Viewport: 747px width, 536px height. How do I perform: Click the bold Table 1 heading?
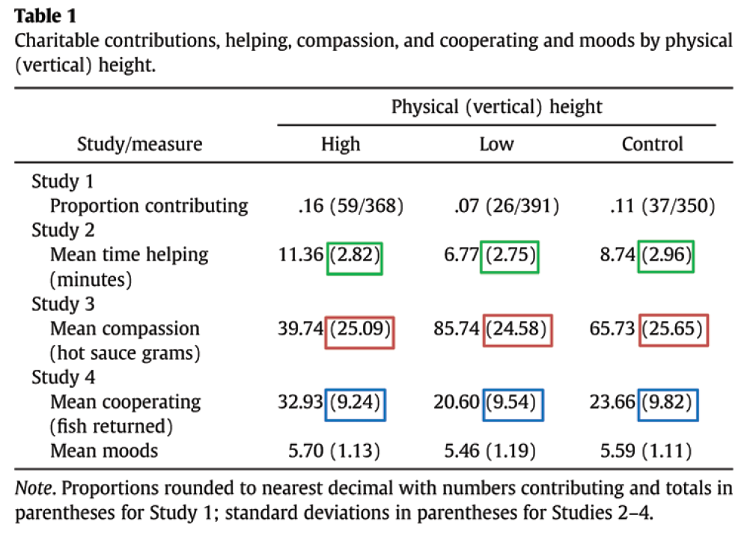point(44,14)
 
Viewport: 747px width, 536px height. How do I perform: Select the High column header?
point(341,144)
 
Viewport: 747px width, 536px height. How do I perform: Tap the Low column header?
point(497,144)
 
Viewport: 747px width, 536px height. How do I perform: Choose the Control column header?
point(653,144)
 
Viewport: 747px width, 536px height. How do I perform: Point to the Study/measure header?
point(140,144)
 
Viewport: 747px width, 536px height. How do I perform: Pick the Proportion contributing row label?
point(149,205)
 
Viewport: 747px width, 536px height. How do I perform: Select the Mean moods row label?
point(104,451)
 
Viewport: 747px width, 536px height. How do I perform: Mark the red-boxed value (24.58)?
point(516,329)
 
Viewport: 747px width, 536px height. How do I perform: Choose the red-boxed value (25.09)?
point(360,329)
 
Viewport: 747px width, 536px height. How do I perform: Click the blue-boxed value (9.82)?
point(666,402)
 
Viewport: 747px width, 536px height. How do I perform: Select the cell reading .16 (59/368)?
point(350,205)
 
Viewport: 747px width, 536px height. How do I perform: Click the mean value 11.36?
point(302,255)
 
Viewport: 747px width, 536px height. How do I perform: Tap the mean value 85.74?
point(457,329)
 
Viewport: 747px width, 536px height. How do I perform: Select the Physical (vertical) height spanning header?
point(496,106)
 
